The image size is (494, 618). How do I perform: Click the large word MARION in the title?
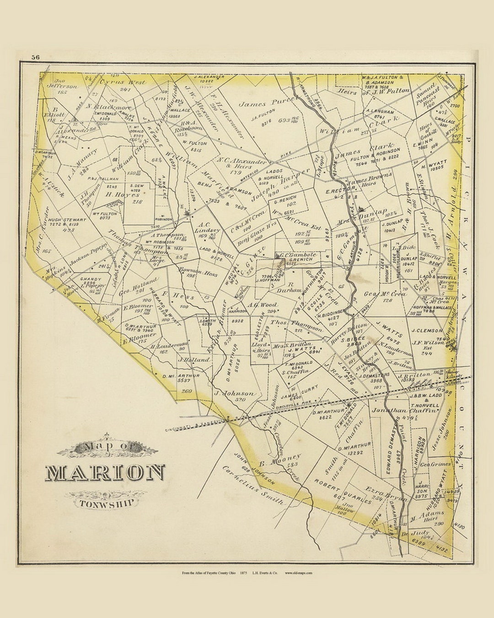point(105,473)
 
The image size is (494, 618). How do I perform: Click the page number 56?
point(35,57)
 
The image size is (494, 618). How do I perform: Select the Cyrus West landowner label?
point(122,82)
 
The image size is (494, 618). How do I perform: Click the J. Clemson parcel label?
point(426,330)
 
